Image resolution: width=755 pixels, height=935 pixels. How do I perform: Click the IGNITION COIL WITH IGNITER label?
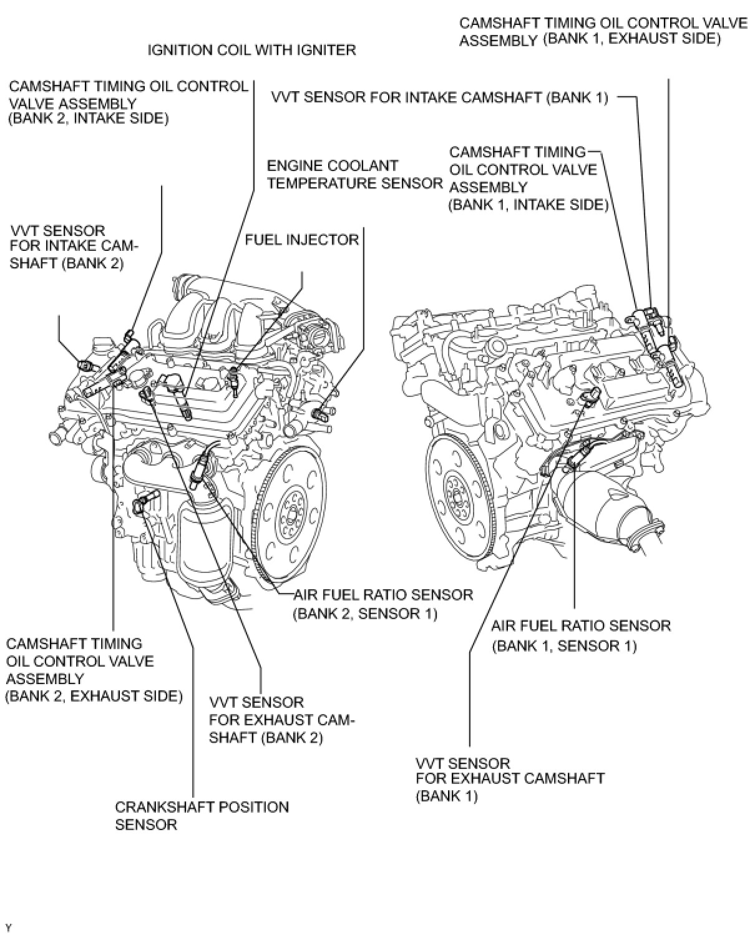tap(251, 50)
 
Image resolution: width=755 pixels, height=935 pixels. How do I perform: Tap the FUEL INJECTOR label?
tap(301, 240)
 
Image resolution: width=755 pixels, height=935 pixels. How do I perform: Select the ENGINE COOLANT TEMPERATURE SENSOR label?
tap(354, 175)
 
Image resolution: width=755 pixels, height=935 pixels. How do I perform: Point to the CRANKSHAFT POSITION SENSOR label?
tap(202, 815)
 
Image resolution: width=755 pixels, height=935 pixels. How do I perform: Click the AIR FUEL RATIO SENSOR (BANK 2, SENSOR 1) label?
tap(382, 604)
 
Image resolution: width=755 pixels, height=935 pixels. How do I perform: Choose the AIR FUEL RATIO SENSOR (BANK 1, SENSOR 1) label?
tap(580, 635)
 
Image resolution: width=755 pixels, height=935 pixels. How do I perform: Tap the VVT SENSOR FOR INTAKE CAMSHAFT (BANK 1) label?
tap(439, 97)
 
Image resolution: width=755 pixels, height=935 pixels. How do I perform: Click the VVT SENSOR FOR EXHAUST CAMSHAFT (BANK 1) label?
tap(510, 779)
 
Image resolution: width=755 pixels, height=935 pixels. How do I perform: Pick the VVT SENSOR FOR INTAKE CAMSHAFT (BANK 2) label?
tap(74, 247)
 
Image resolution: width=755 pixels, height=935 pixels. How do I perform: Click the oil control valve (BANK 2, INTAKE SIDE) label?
tap(128, 102)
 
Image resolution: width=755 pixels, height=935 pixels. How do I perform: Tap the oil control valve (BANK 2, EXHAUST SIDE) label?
tap(94, 670)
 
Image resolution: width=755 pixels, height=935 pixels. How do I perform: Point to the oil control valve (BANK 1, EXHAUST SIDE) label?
tap(603, 31)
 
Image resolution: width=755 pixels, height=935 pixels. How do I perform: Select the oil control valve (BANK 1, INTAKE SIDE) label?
tap(528, 179)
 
